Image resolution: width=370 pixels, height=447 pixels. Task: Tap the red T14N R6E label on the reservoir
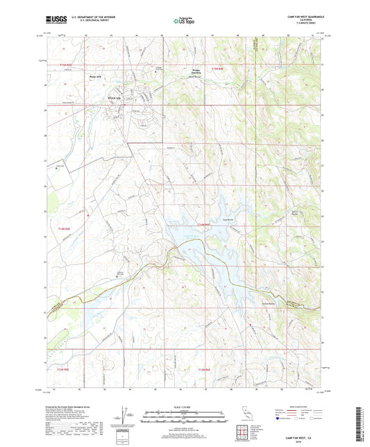(x=202, y=225)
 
